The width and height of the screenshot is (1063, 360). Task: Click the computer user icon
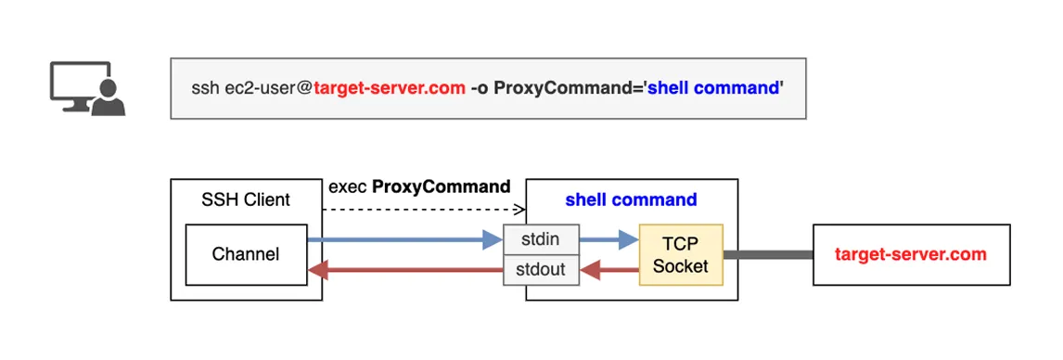(88, 88)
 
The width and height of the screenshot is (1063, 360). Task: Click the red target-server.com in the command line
(390, 88)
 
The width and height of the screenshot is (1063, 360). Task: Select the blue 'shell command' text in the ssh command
(712, 88)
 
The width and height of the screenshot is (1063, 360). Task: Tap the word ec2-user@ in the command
(269, 88)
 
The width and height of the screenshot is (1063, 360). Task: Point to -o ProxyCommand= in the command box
(556, 88)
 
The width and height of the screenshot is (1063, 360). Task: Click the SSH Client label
(246, 200)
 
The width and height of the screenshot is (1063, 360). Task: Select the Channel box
(246, 254)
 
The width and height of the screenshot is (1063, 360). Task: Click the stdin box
(541, 239)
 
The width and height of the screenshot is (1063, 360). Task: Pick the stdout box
(541, 270)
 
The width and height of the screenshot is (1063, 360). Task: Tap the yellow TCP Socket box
(682, 255)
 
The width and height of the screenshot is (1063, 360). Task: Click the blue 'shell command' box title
(631, 200)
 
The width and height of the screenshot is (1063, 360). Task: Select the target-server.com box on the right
(911, 255)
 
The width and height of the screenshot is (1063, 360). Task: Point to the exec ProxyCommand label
(419, 186)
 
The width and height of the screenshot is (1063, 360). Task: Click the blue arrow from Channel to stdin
(404, 239)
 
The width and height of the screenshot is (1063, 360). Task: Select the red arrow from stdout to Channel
(404, 271)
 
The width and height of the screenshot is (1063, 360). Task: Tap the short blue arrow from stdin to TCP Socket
(609, 239)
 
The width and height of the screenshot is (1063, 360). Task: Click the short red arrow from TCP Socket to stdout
(609, 271)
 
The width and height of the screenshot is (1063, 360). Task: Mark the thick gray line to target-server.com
(768, 255)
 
